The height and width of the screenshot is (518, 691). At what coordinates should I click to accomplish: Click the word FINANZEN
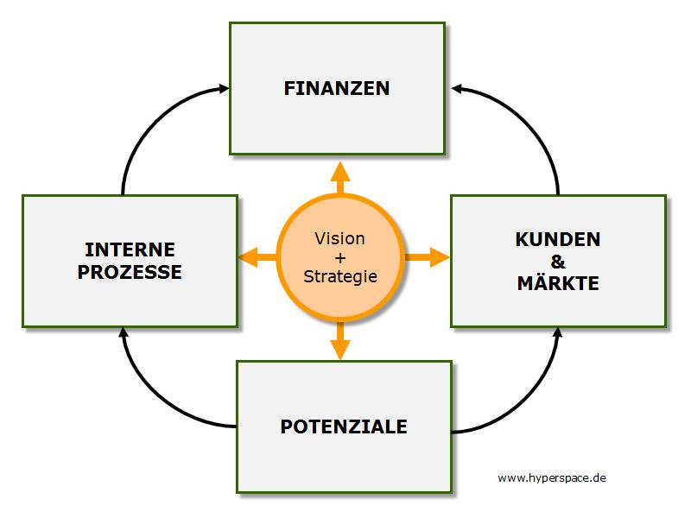point(337,88)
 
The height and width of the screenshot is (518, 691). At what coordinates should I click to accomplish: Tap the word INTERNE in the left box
point(130,250)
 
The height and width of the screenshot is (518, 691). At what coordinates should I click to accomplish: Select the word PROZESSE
point(130,272)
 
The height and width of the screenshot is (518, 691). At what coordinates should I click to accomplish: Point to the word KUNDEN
point(558,240)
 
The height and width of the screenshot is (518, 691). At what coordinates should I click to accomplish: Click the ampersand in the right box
point(558,262)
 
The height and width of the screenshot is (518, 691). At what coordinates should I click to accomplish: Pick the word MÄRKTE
point(558,283)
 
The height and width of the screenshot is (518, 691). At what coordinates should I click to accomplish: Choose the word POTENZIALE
point(344,426)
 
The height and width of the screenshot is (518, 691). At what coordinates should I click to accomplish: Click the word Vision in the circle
point(339,239)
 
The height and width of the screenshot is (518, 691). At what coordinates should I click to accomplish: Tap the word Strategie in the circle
point(340,276)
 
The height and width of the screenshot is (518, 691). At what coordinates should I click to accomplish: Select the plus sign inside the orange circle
point(340,257)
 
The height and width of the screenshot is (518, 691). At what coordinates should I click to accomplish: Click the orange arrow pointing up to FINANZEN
point(340,178)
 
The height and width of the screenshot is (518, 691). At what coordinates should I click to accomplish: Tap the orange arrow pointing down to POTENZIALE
point(340,340)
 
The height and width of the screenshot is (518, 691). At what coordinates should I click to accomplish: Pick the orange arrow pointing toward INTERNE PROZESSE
point(258,257)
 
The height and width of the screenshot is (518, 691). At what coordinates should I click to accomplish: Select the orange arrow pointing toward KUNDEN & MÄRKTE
point(427,257)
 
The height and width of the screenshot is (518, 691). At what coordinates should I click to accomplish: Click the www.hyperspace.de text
point(552,478)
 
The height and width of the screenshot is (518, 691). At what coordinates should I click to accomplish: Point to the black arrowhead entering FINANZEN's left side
point(224,89)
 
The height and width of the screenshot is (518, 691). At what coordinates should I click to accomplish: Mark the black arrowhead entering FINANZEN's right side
point(457,89)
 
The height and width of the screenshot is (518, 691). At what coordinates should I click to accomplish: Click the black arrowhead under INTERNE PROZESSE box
point(124,332)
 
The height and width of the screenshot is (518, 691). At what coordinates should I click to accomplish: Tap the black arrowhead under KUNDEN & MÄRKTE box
point(557,332)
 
